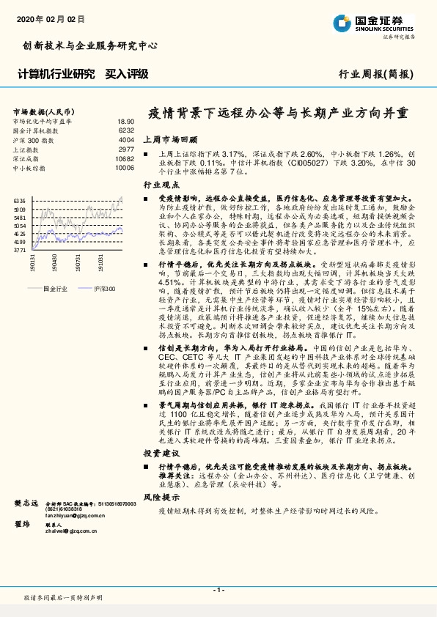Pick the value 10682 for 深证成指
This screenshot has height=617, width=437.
coord(125,158)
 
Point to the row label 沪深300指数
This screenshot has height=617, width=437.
coord(30,139)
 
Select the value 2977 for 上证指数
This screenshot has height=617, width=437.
coord(126,149)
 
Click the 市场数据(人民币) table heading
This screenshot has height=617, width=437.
coord(41,111)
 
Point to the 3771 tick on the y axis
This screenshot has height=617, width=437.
coord(20,250)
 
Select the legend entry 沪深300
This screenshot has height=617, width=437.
coord(105,289)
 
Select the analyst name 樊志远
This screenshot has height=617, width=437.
coord(26,524)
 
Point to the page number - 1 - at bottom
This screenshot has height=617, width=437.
coord(218,589)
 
